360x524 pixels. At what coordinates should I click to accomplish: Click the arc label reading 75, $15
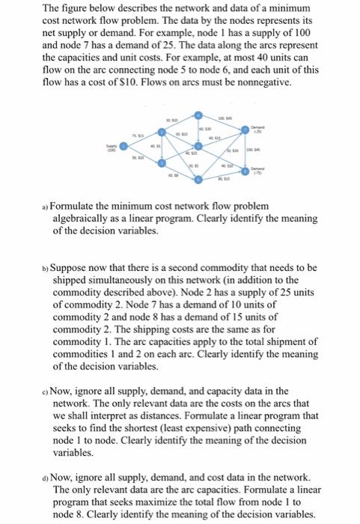140,134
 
